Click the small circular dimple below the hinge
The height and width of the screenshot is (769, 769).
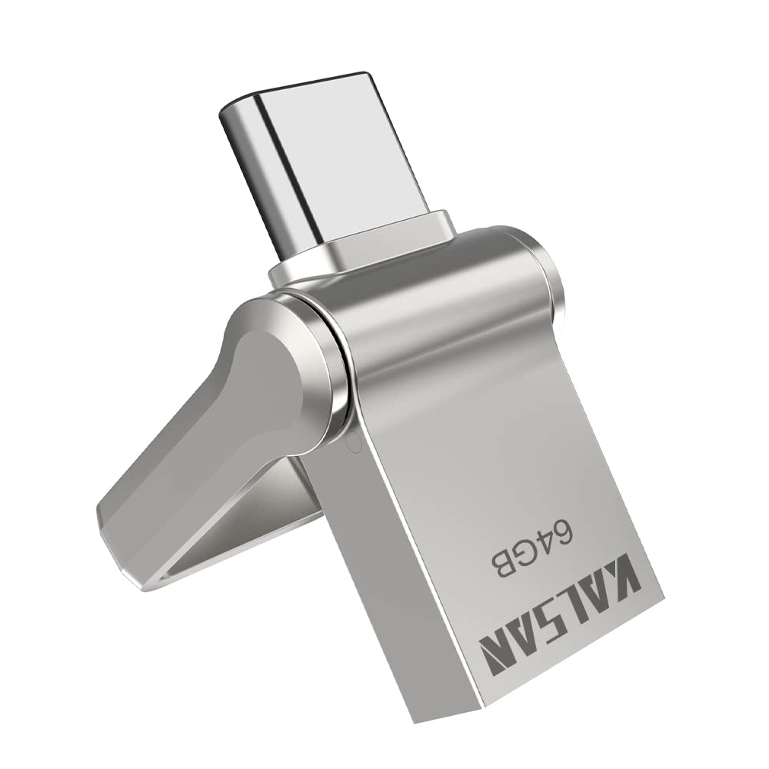point(351,441)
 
